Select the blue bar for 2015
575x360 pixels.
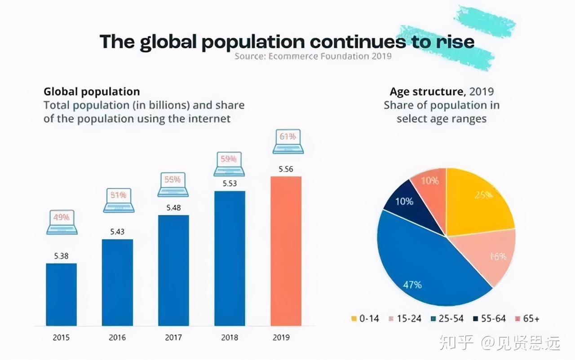[x=62, y=294]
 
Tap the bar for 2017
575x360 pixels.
[x=173, y=270]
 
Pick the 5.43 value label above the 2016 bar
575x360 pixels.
[x=117, y=232]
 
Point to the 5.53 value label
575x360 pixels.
[x=230, y=184]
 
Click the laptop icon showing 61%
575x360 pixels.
[x=287, y=140]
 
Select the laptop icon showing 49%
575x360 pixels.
[x=62, y=221]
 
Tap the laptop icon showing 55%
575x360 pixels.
[x=173, y=184]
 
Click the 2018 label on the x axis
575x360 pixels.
[x=230, y=338]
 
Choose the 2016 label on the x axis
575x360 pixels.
[x=117, y=338]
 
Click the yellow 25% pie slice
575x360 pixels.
[x=478, y=202]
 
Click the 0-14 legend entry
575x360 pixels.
[x=365, y=319]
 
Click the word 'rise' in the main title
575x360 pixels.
[x=454, y=42]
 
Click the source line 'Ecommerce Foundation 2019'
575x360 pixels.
[x=313, y=56]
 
